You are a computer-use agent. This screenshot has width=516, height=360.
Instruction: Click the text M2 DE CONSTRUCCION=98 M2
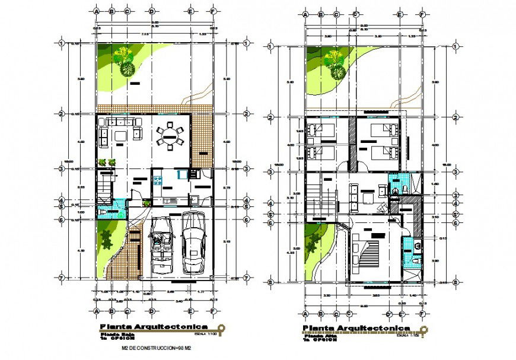coord(156,348)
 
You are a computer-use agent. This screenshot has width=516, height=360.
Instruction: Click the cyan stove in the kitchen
coord(181,174)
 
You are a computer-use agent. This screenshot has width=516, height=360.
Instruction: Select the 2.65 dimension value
coord(170,291)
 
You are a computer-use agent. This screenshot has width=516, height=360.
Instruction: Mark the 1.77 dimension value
coord(201,291)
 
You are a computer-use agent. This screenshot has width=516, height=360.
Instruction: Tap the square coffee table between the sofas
coord(121,136)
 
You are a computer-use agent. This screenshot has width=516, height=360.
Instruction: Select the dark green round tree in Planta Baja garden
coord(127,68)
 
